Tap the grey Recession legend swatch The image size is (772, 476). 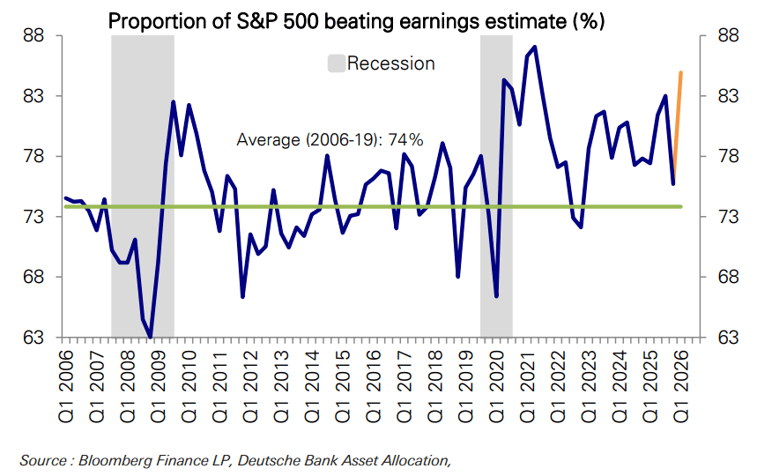tap(337, 63)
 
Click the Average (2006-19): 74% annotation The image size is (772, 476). tap(330, 140)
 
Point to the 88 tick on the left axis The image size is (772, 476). tap(33, 36)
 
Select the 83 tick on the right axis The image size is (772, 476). tap(728, 96)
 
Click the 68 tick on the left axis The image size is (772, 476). tap(33, 277)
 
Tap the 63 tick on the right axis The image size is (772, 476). tap(728, 338)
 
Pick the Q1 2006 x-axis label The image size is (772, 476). tap(65, 386)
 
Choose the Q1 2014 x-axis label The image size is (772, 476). tap(312, 386)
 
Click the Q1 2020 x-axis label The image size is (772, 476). tap(496, 386)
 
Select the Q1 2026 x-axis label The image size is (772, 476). tap(681, 386)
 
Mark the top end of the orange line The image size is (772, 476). tap(681, 73)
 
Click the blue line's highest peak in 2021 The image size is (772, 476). tap(535, 48)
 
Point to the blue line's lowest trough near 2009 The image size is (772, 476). tap(151, 338)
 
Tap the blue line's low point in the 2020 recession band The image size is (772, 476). tap(496, 296)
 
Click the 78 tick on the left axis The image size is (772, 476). tap(33, 157)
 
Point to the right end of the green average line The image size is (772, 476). tap(681, 207)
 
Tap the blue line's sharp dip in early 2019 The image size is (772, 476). tap(458, 277)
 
